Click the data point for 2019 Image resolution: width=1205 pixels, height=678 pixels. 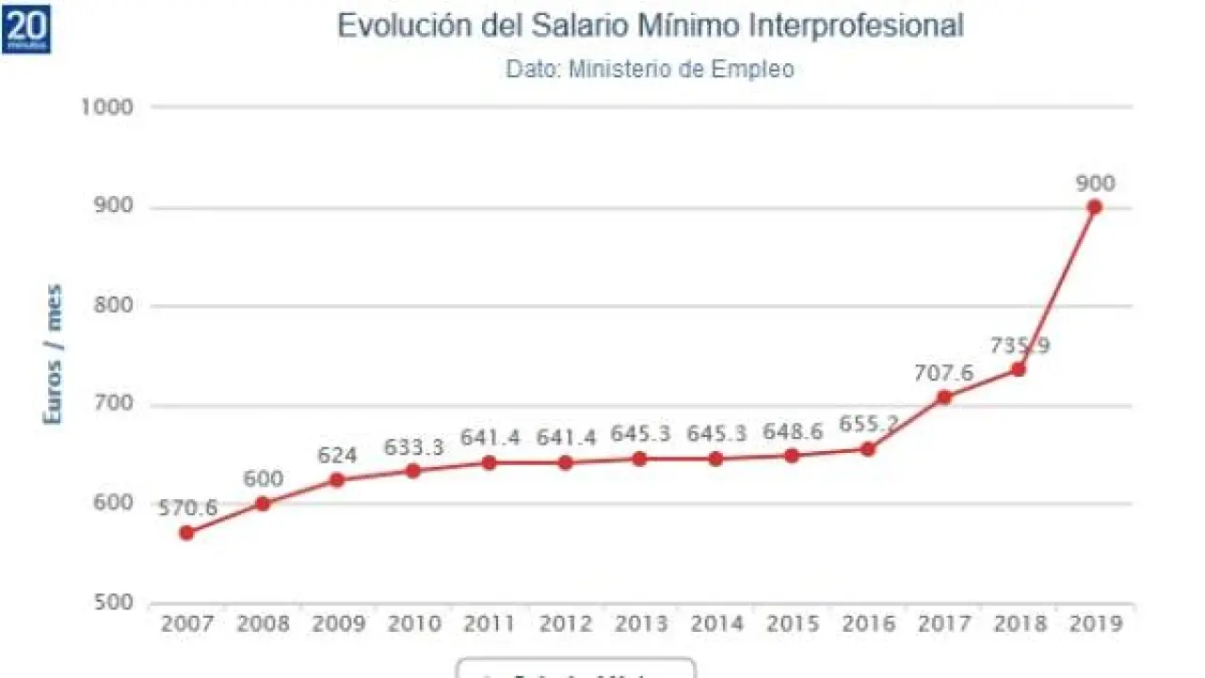pos(1094,207)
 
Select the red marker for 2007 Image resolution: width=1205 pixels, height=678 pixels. pos(186,533)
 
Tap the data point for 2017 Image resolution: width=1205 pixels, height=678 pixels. pos(943,397)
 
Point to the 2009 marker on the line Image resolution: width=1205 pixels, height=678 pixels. pos(337,480)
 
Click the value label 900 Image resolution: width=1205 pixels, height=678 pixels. pos(1095,183)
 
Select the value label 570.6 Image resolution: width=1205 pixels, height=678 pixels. pos(186,508)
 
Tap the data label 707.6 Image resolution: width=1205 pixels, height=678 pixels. pos(943,373)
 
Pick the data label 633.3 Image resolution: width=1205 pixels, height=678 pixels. pos(413,447)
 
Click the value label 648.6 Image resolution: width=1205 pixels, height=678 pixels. pos(792,432)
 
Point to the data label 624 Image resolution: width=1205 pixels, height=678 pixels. pos(337,456)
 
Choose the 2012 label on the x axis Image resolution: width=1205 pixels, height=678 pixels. pos(565,623)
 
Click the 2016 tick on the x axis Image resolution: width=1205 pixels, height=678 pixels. pos(867,623)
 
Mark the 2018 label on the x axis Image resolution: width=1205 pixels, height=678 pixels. pos(1020,623)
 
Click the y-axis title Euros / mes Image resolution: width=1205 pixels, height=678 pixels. pos(54,354)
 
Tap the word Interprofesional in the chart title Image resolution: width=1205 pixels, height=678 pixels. pos(857,26)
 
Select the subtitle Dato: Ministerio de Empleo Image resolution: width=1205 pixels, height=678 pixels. pos(650,69)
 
